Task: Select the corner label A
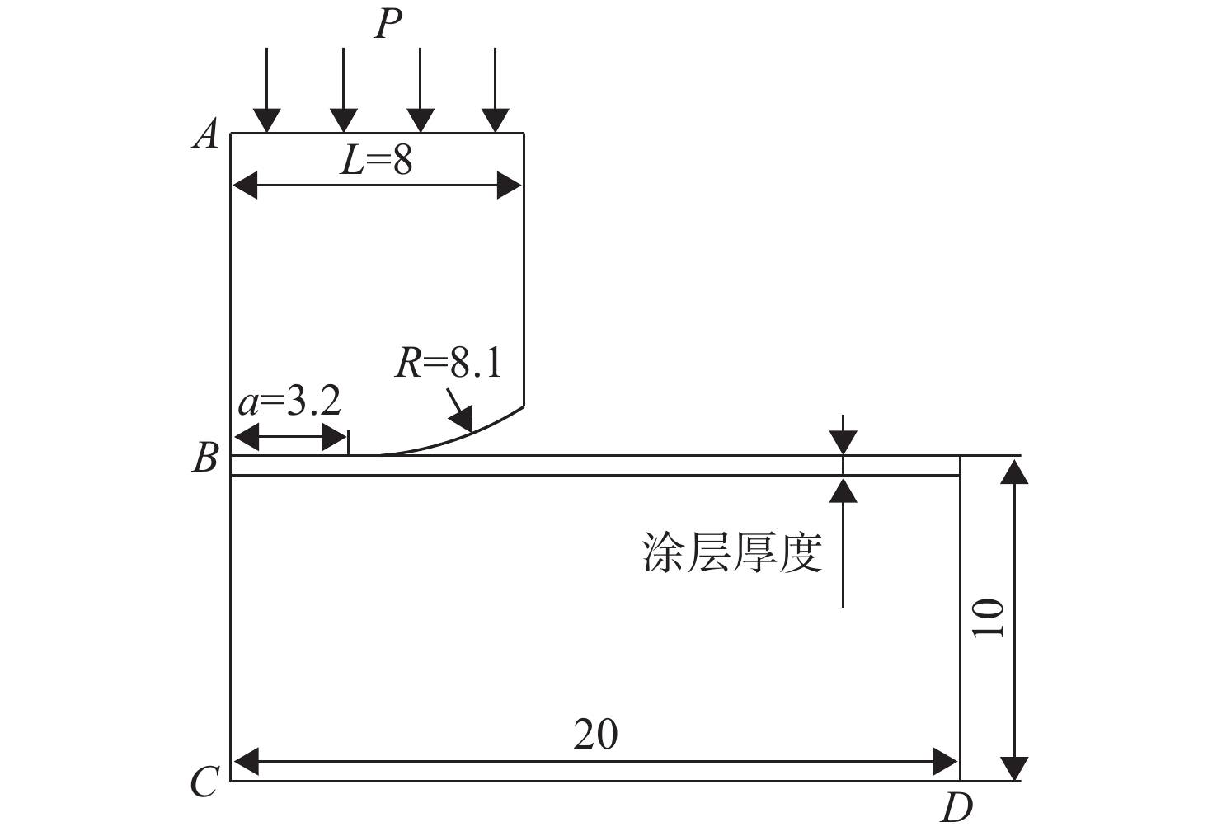[206, 134]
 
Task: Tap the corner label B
[206, 458]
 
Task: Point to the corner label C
[204, 781]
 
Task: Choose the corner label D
[956, 808]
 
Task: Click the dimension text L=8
[376, 161]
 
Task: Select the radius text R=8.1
[449, 363]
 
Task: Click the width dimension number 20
[595, 735]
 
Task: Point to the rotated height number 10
[988, 618]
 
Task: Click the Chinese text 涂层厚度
[732, 552]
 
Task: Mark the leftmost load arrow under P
[267, 90]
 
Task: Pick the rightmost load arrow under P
[495, 90]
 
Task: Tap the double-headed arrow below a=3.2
[289, 437]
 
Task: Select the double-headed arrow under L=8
[377, 186]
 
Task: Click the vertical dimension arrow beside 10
[1014, 620]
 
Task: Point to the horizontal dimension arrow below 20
[595, 762]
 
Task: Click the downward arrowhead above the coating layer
[843, 442]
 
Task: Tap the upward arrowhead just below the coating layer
[843, 489]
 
